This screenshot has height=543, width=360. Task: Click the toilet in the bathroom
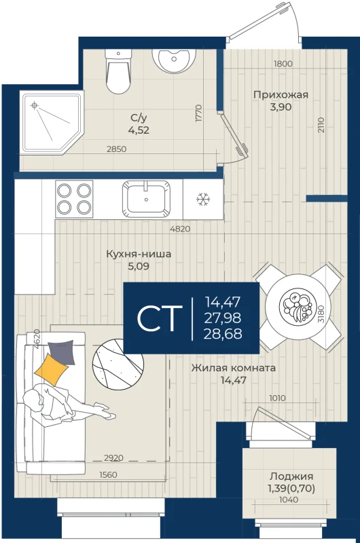118,71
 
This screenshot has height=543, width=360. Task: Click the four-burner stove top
74,199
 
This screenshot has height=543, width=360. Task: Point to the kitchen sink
146,199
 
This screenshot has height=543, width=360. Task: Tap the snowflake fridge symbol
203,199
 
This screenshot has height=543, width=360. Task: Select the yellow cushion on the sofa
51,369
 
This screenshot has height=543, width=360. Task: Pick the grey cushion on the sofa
62,352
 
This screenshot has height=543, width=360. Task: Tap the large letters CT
160,318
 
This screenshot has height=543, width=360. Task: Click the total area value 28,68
223,334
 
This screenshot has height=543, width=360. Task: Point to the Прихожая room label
281,94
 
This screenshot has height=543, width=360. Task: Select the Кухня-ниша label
139,254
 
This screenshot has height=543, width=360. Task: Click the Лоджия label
291,476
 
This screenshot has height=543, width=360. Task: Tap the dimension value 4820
180,229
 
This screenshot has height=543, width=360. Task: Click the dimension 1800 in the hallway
283,64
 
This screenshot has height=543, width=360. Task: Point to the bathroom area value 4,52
139,130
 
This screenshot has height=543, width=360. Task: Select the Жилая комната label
234,367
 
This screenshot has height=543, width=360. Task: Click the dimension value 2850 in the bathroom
116,149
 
